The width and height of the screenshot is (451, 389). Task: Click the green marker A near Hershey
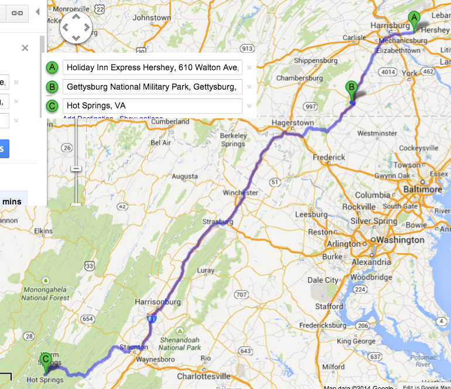pyautogui.click(x=414, y=19)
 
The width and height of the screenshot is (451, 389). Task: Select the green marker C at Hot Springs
pyautogui.click(x=45, y=359)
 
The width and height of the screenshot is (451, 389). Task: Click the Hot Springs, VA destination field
pyautogui.click(x=152, y=106)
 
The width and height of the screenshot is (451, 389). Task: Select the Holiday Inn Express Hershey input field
pyautogui.click(x=152, y=67)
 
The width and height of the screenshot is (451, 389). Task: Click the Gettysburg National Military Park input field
pyautogui.click(x=152, y=87)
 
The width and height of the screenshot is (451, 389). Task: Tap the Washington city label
pyautogui.click(x=400, y=240)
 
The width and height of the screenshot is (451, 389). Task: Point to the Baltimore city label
pyautogui.click(x=423, y=190)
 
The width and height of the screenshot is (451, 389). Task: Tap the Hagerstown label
pyautogui.click(x=293, y=123)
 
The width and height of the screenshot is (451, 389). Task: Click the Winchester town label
pyautogui.click(x=240, y=193)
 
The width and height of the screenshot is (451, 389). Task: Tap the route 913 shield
pyautogui.click(x=247, y=49)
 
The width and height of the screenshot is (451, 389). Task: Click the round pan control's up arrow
pyautogui.click(x=76, y=16)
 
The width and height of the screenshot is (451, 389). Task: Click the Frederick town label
pyautogui.click(x=329, y=158)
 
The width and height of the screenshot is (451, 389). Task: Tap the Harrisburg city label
pyautogui.click(x=389, y=26)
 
